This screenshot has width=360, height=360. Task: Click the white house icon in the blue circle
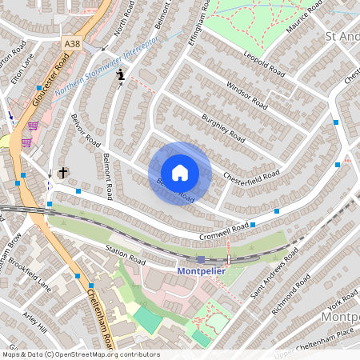tap(180, 173)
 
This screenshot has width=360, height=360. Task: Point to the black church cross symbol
tap(63, 172)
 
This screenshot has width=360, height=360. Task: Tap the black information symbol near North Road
tap(121, 74)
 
